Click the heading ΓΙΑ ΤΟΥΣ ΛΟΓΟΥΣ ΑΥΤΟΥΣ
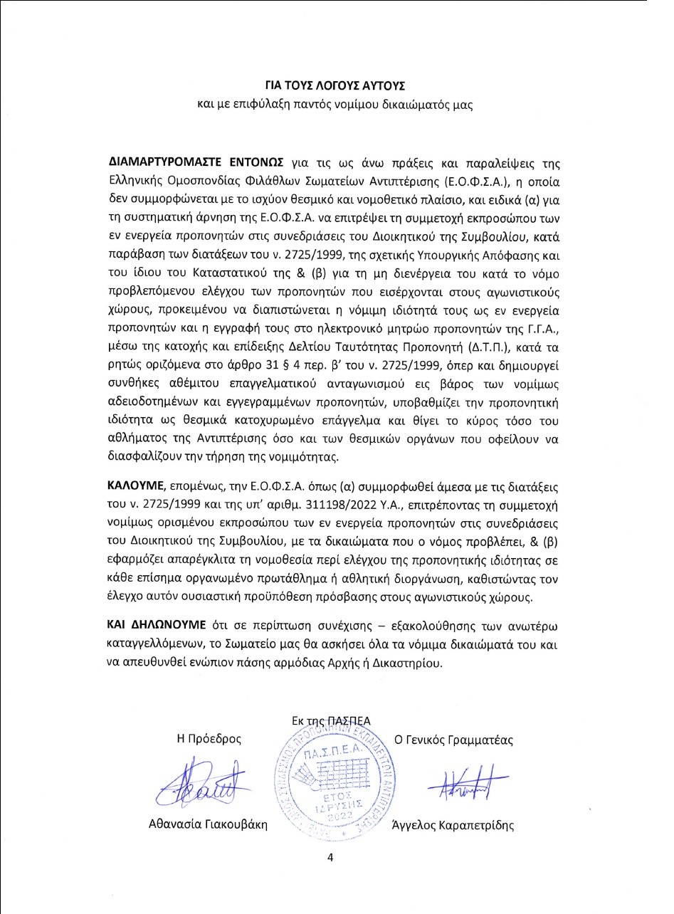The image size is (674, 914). click(x=335, y=85)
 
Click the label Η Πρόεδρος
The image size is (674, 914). click(x=209, y=739)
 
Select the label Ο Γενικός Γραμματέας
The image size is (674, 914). click(x=458, y=739)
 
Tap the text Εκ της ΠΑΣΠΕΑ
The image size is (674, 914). click(x=331, y=720)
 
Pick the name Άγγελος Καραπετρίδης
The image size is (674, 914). click(x=453, y=826)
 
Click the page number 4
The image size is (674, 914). click(x=330, y=857)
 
